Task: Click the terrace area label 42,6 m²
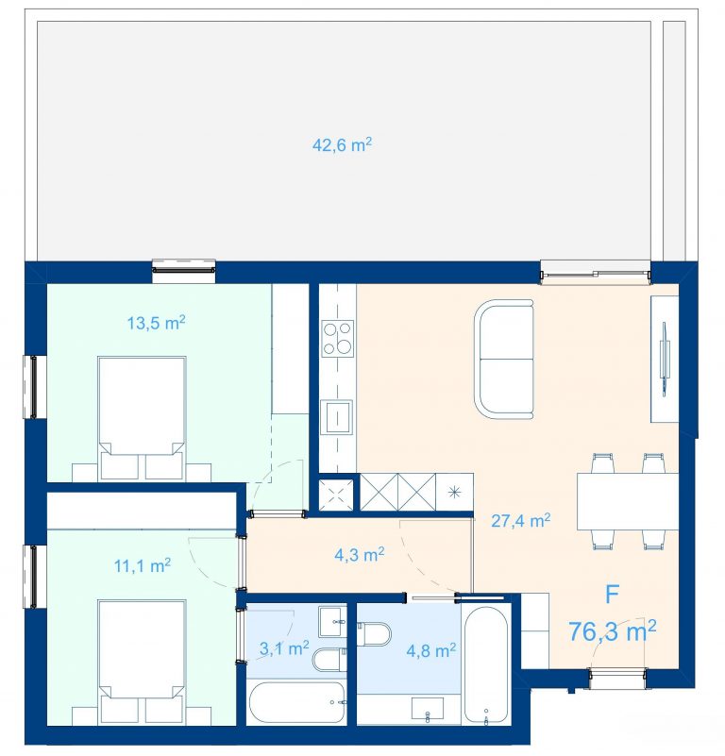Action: point(342,144)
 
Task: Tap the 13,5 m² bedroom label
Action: point(157,323)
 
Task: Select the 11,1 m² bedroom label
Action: point(143,565)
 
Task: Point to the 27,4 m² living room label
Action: point(520,520)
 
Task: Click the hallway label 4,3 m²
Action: point(360,554)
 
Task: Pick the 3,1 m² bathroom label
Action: point(284,648)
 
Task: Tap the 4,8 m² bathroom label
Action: point(430,651)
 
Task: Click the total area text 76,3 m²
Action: point(612,630)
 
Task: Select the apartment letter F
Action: point(612,594)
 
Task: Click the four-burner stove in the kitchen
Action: point(338,339)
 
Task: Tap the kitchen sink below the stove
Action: point(338,417)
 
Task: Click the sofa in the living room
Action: point(504,360)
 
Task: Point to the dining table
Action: point(628,501)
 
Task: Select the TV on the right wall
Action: point(665,360)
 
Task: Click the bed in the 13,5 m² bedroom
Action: point(142,418)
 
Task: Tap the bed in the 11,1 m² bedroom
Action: point(142,662)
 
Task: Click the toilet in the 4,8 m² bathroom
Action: point(375,633)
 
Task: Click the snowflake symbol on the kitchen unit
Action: point(454,493)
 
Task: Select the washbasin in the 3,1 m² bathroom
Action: point(332,621)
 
